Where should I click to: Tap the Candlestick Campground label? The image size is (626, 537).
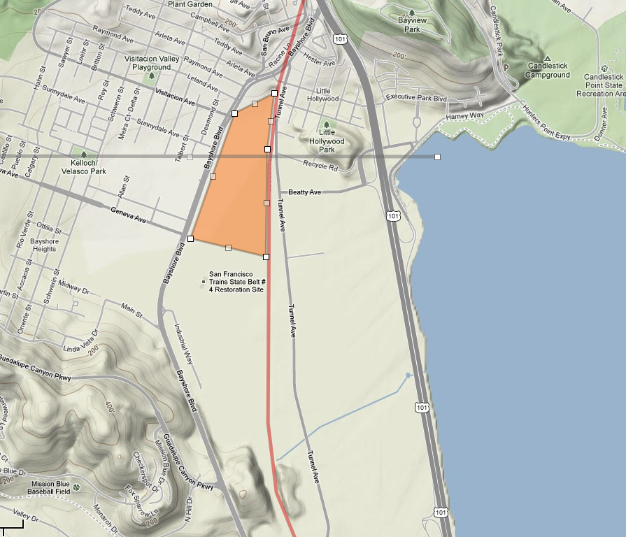(548, 70)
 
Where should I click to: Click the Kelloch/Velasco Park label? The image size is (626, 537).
(83, 166)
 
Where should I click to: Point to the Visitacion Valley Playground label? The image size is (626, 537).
(148, 63)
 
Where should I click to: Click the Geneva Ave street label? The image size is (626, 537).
(128, 215)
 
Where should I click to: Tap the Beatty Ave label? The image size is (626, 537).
(304, 192)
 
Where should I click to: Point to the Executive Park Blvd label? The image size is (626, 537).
(416, 97)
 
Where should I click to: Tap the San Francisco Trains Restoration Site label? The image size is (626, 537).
(236, 282)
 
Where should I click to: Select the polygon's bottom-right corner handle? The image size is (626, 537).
(266, 257)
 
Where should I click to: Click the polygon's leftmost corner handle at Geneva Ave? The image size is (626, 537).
(190, 238)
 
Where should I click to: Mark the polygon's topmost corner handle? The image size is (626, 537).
(274, 92)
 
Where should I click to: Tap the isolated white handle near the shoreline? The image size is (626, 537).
(437, 157)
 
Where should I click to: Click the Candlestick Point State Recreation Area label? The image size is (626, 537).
(599, 85)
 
